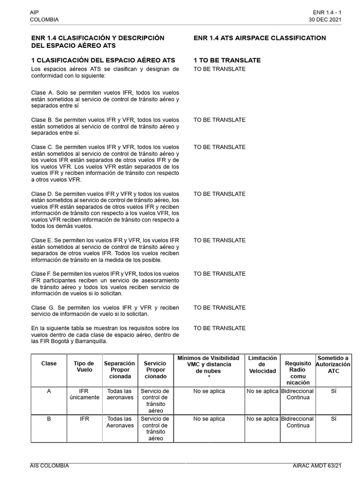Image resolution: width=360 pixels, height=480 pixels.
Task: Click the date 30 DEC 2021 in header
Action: [x=325, y=20]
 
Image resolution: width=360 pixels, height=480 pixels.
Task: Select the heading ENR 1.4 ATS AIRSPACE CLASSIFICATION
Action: [x=260, y=38]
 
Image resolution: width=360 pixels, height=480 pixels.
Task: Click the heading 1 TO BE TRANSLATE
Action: [x=227, y=60]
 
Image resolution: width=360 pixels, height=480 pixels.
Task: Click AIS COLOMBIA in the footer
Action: [x=49, y=465]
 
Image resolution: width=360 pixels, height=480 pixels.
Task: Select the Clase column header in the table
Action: [x=49, y=363]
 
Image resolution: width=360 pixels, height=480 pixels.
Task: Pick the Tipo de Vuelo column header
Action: [x=84, y=367]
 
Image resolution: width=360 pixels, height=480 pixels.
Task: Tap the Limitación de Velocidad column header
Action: [x=262, y=365]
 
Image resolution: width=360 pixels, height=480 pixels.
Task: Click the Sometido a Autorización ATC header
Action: [x=333, y=364]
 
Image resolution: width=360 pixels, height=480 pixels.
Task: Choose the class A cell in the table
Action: [x=49, y=391]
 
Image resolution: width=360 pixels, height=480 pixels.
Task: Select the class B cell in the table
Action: [x=49, y=419]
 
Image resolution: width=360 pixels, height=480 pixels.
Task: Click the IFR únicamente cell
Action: [x=84, y=394]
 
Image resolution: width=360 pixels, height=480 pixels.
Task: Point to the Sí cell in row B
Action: [x=333, y=419]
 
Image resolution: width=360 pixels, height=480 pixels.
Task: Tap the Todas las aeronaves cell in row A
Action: [x=120, y=394]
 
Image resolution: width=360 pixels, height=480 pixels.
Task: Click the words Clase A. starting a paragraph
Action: [x=43, y=93]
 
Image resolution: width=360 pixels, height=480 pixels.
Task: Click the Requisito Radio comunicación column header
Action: [x=298, y=373]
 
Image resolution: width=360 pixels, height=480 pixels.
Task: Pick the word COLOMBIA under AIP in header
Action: [x=44, y=20]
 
